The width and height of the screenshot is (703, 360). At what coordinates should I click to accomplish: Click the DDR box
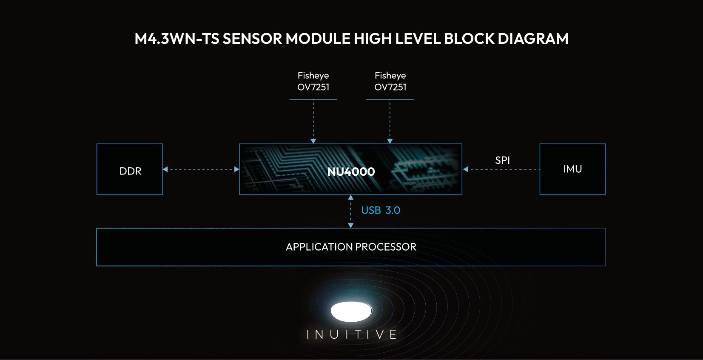tap(130, 169)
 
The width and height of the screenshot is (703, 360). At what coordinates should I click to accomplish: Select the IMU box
tap(572, 169)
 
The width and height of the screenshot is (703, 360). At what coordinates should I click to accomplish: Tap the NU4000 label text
tap(351, 171)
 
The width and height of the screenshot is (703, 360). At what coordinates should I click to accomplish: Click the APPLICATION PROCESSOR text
tap(351, 247)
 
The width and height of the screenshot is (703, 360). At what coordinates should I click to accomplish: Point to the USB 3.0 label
tap(381, 210)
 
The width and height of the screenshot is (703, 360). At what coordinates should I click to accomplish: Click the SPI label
tap(502, 160)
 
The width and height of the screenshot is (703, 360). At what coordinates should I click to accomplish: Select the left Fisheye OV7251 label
tap(313, 81)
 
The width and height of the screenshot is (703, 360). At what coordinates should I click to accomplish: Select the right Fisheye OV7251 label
tap(390, 81)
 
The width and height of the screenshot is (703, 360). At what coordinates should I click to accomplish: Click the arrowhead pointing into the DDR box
tap(165, 169)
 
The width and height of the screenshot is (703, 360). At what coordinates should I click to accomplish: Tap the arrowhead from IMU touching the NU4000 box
tap(466, 169)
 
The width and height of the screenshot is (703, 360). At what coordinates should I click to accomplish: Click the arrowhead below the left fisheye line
tap(313, 141)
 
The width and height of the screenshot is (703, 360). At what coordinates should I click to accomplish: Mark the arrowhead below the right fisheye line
tap(390, 141)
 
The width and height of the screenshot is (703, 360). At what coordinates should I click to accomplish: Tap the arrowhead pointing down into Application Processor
tap(351, 226)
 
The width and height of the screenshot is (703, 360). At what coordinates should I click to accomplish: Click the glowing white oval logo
tap(351, 311)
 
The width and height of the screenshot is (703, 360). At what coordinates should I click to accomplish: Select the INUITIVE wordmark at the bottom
tap(351, 334)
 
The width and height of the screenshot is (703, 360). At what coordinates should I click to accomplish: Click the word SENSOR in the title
tap(252, 39)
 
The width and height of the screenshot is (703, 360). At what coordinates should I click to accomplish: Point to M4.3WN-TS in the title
tap(176, 39)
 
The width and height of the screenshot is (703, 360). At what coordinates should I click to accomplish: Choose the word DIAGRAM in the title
tap(533, 39)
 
